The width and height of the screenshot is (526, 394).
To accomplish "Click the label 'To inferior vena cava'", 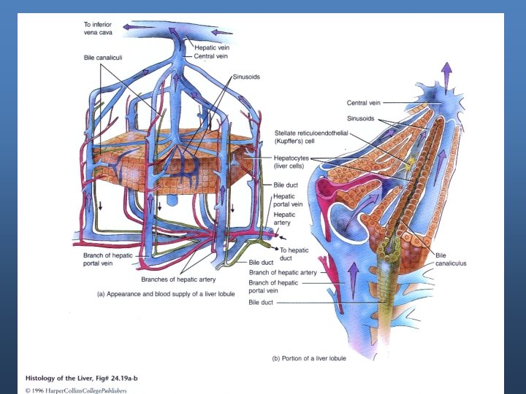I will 100,28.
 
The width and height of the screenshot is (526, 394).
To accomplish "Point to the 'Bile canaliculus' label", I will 450,259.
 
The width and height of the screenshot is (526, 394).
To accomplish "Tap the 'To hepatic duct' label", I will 294,253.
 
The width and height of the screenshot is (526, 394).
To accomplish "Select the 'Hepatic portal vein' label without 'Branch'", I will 283,201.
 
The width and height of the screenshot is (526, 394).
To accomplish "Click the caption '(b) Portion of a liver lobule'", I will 309,358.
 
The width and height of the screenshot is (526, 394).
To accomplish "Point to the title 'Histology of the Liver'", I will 63,379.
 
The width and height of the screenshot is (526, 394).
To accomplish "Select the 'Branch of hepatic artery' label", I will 283,272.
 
